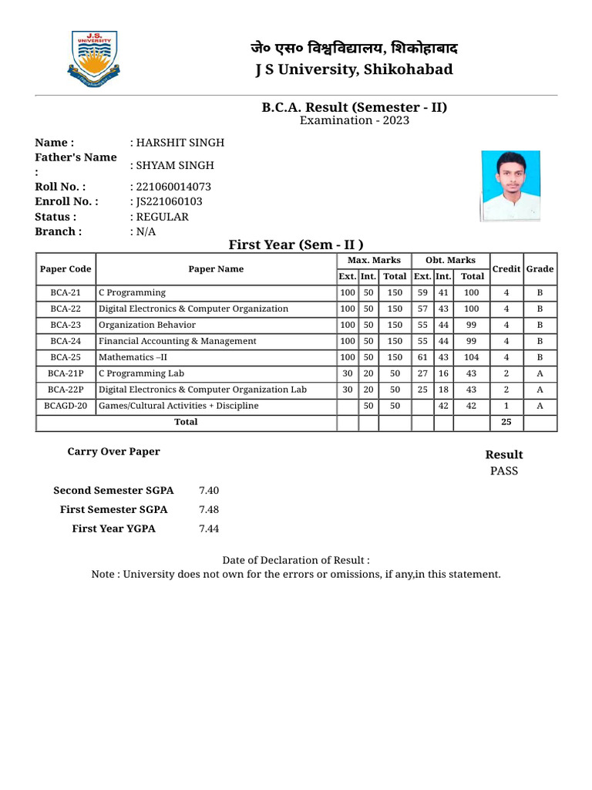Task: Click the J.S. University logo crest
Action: point(94,60)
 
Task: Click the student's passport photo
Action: point(505,186)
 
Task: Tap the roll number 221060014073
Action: point(171,187)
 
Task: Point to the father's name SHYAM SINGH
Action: point(173,165)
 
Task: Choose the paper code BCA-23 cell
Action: point(66,325)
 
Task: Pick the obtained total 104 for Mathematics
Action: point(472,357)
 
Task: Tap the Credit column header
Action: point(506,268)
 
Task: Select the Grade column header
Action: point(540,268)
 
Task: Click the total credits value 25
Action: point(506,422)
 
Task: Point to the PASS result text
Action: point(504,471)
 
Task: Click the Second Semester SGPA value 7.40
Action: point(209,491)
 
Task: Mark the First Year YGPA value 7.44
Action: point(209,528)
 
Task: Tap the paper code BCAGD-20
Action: point(66,406)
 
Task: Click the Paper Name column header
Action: point(216,269)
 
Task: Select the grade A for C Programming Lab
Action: point(540,373)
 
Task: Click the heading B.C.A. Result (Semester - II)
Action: point(355,107)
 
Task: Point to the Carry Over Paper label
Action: point(114,451)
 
